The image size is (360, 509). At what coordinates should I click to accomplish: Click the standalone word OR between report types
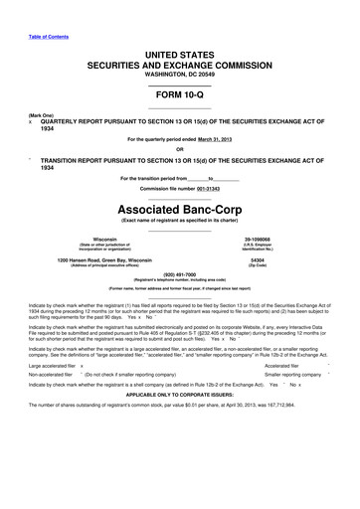click(x=179, y=150)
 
